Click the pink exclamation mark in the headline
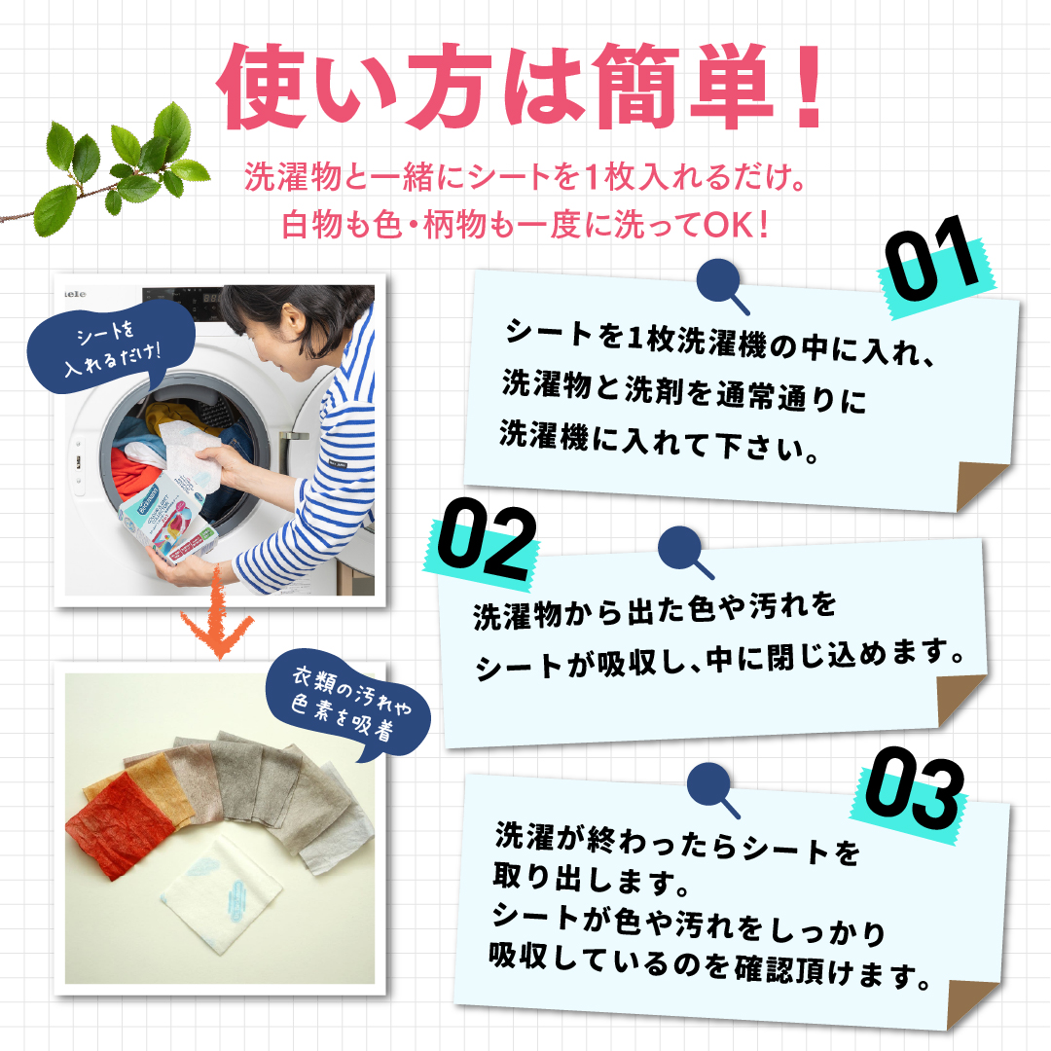pos(807,86)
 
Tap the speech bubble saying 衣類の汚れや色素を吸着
pos(347,705)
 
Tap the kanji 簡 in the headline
pos(635,86)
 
